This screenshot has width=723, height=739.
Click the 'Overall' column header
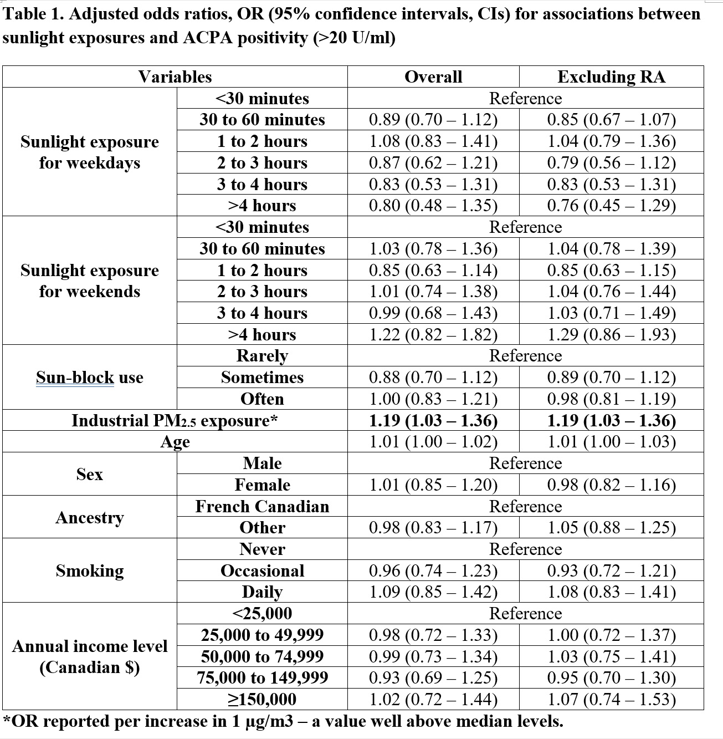click(x=433, y=77)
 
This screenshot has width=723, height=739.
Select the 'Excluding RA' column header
click(x=611, y=77)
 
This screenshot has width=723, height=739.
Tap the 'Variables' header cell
click(x=175, y=77)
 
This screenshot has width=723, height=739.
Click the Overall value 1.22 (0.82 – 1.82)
click(x=433, y=334)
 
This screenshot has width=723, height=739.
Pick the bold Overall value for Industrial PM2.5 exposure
click(x=433, y=420)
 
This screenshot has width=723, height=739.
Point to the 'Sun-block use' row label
click(x=90, y=378)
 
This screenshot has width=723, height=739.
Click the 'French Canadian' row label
click(x=262, y=506)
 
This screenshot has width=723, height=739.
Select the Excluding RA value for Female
click(x=611, y=485)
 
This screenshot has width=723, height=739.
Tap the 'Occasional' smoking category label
click(x=262, y=570)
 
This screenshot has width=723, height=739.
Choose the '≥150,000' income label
click(x=262, y=699)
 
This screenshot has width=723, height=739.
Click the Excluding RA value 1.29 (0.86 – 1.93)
click(x=611, y=334)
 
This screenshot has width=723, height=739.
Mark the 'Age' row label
click(x=175, y=442)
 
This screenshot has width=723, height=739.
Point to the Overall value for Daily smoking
click(x=433, y=592)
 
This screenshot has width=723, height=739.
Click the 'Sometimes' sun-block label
click(x=262, y=378)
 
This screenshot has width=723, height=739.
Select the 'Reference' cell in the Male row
click(x=525, y=463)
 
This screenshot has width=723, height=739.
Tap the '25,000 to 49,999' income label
click(x=262, y=635)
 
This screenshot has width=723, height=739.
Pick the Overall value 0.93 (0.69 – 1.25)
click(x=433, y=677)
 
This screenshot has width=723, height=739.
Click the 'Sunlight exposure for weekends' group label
click(x=90, y=281)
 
